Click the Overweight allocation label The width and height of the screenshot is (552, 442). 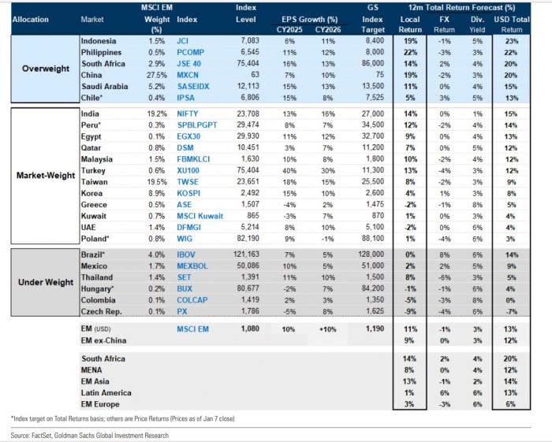pyautogui.click(x=46, y=69)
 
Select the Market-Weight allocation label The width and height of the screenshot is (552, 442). pyautogui.click(x=46, y=175)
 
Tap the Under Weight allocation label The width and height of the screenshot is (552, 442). pyautogui.click(x=46, y=282)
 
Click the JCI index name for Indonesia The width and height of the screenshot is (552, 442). pyautogui.click(x=183, y=41)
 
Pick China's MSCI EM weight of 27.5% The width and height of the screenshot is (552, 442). pyautogui.click(x=157, y=76)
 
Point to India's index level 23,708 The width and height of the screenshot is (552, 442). pyautogui.click(x=248, y=114)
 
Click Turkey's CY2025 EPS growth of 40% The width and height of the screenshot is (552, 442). pyautogui.click(x=289, y=171)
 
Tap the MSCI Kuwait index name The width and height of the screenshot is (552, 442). pyautogui.click(x=200, y=216)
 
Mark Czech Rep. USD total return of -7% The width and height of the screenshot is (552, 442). pyautogui.click(x=512, y=311)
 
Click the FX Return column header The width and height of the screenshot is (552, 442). pyautogui.click(x=444, y=24)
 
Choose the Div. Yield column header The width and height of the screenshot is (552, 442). pyautogui.click(x=477, y=24)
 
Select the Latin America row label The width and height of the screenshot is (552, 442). pyautogui.click(x=106, y=393)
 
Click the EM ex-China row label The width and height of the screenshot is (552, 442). pyautogui.click(x=103, y=340)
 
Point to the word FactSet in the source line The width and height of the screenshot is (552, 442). pyautogui.click(x=43, y=436)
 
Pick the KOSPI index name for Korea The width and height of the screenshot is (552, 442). pyautogui.click(x=188, y=193)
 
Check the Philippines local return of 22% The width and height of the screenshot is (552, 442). pyautogui.click(x=411, y=52)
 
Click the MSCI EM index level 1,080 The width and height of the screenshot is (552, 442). pyautogui.click(x=250, y=329)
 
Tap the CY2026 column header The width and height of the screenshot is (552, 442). pyautogui.click(x=328, y=29)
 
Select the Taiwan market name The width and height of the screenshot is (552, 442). pyautogui.click(x=95, y=182)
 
